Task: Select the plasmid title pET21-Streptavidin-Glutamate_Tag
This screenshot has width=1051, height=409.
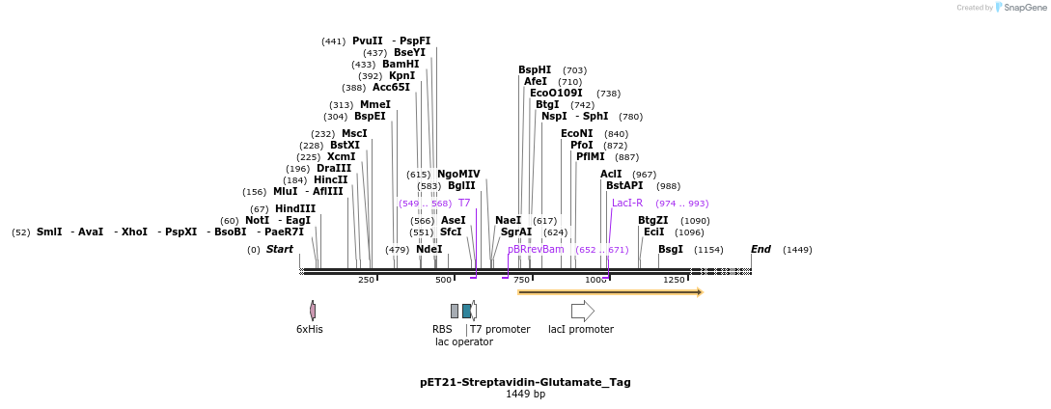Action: coord(525,382)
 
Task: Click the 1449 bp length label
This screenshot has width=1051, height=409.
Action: coord(525,395)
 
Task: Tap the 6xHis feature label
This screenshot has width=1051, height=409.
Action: coord(309,329)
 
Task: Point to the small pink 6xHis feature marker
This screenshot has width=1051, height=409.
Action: coord(313,311)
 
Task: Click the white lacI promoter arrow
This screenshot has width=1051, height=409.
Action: coord(582,311)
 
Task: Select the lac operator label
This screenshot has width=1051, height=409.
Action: coord(463,341)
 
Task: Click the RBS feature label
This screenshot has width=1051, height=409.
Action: coord(442,329)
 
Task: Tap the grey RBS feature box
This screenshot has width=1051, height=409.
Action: coord(455,311)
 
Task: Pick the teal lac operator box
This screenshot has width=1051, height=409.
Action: coord(467,311)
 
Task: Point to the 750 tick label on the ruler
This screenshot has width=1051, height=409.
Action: coord(521,280)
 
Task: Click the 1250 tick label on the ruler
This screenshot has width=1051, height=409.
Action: coord(674,280)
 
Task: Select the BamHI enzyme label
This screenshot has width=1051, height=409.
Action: coord(400,65)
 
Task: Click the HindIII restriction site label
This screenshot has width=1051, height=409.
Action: coord(295,208)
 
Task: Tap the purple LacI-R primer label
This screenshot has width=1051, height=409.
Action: coord(627,203)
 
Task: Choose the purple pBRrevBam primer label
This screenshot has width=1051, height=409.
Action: coord(536,249)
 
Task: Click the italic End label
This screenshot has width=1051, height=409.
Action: coord(761,249)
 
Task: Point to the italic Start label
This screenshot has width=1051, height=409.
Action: coord(280,249)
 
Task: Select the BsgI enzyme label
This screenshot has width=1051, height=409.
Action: coord(670,249)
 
